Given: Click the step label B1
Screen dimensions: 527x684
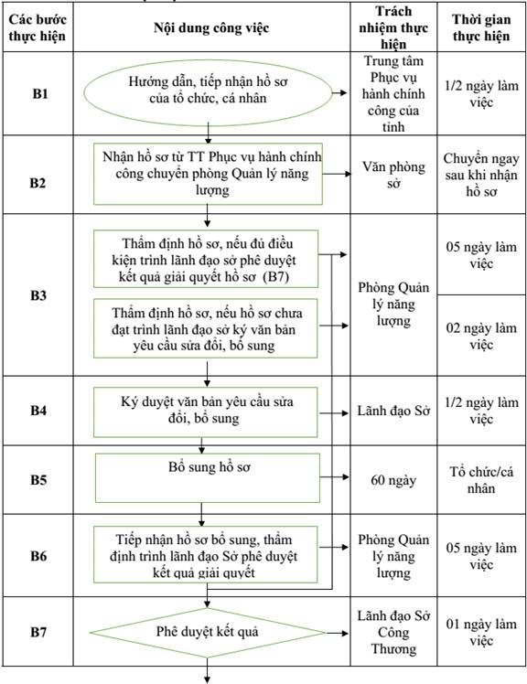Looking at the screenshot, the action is (x=39, y=94).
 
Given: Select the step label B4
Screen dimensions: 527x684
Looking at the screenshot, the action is (x=38, y=411).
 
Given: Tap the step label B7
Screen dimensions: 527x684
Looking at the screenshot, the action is (x=38, y=632).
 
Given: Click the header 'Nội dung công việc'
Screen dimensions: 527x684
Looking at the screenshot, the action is (x=211, y=28).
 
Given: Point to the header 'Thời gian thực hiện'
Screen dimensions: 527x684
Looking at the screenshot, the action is (x=481, y=27).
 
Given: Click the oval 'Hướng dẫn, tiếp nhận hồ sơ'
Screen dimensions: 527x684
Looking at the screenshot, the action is (x=208, y=93).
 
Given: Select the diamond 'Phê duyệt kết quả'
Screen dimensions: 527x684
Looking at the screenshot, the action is (x=208, y=633).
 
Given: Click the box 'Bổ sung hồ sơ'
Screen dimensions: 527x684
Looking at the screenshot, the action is (x=208, y=478).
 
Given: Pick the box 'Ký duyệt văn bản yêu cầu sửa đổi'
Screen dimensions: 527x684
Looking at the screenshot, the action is (x=206, y=412).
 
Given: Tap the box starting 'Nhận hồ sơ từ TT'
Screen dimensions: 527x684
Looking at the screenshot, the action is (x=208, y=174).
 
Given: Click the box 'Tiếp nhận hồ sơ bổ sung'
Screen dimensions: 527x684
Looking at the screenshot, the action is (x=206, y=555).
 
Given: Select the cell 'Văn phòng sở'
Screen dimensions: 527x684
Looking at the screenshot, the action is (x=393, y=175).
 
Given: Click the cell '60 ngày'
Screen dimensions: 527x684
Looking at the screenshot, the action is (x=393, y=480).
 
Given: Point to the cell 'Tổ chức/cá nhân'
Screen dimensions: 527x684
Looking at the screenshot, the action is (x=481, y=480).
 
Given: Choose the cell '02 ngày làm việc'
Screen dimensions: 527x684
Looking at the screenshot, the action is (x=481, y=336).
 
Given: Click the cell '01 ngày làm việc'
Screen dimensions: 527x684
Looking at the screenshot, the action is (x=481, y=632).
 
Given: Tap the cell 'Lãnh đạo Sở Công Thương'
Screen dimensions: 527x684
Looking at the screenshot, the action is (x=393, y=632).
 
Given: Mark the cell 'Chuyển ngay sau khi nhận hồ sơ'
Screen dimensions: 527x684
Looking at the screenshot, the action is (x=481, y=175).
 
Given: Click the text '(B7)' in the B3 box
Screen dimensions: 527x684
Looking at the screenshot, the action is (x=276, y=277).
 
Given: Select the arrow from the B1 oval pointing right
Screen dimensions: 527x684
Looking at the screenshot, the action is (x=339, y=93).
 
